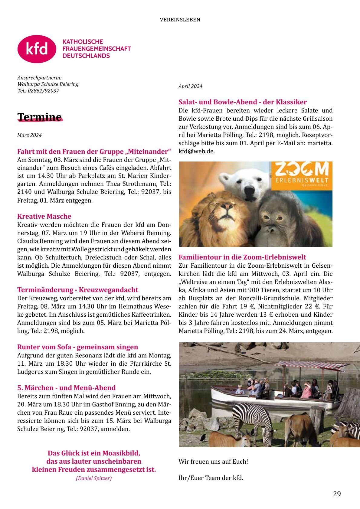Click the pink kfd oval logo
click(x=37, y=49)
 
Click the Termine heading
click(x=40, y=117)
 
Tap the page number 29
click(x=337, y=494)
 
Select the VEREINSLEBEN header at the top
click(x=180, y=20)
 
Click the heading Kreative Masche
click(x=44, y=216)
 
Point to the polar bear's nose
click(x=250, y=191)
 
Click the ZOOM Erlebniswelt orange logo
click(x=301, y=176)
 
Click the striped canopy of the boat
click(x=312, y=365)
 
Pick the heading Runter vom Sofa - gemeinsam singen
click(x=77, y=347)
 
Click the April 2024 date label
click(x=190, y=86)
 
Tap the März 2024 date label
click(x=29, y=135)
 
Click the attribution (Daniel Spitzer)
click(x=94, y=478)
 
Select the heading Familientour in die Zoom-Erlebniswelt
click(x=242, y=257)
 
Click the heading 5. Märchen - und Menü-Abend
click(x=66, y=388)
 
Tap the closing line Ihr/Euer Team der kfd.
click(x=211, y=478)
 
